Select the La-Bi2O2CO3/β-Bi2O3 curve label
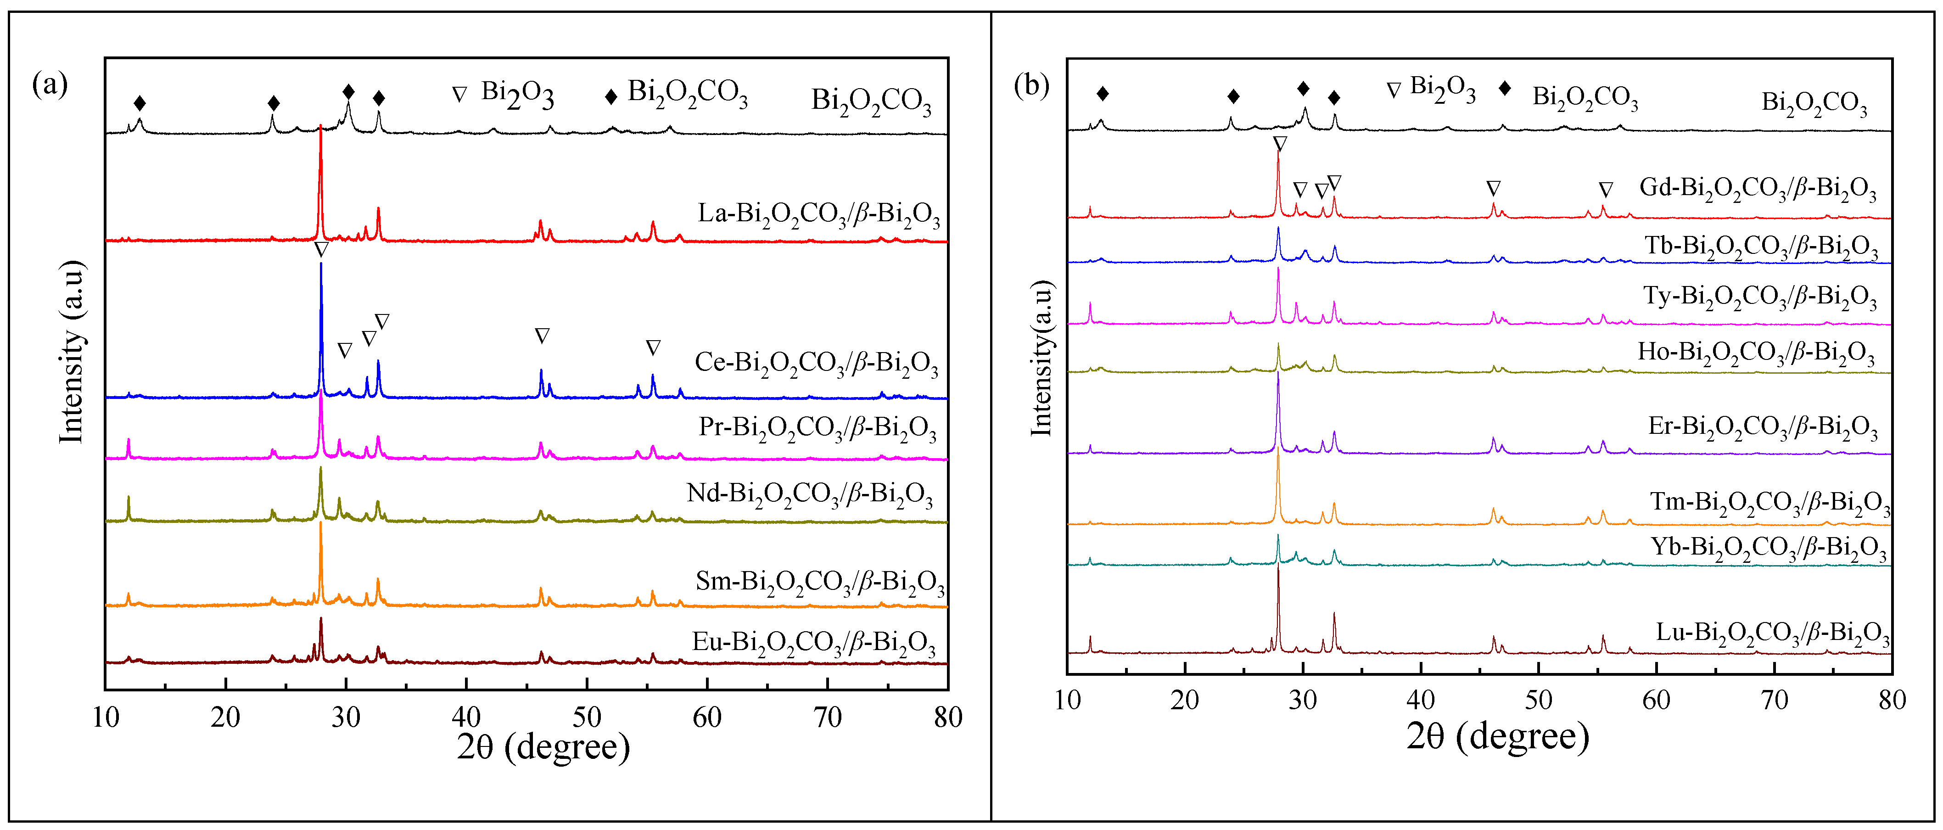(x=818, y=215)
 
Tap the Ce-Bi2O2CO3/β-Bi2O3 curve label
(x=816, y=364)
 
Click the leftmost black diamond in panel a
(x=140, y=103)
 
